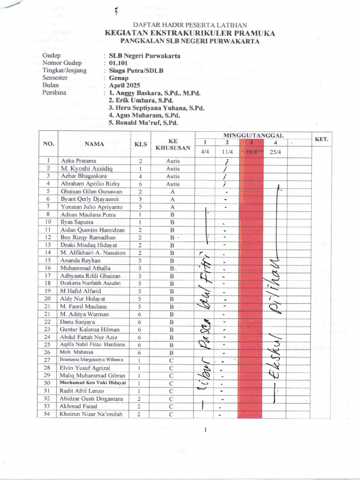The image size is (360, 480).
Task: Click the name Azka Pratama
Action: coord(79,161)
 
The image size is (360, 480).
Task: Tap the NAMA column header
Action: coord(94,144)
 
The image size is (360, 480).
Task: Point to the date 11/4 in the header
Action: coord(227,152)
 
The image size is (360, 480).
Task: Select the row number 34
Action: coord(47,414)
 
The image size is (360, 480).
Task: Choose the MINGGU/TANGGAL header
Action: coord(254,135)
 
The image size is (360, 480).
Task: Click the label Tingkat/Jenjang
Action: coord(64,70)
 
